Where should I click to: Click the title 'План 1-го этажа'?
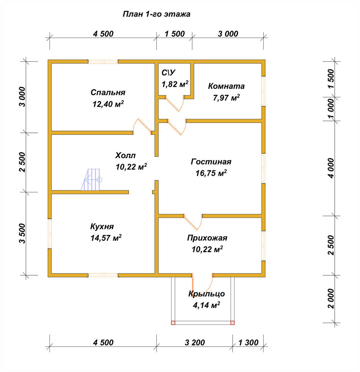pyautogui.click(x=156, y=14)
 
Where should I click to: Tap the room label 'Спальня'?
pyautogui.click(x=108, y=92)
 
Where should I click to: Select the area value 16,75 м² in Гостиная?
pyautogui.click(x=211, y=173)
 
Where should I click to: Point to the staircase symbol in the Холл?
pyautogui.click(x=92, y=180)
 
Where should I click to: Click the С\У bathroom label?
pyautogui.click(x=169, y=73)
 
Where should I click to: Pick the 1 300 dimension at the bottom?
pyautogui.click(x=248, y=343)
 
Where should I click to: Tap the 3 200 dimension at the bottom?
pyautogui.click(x=195, y=343)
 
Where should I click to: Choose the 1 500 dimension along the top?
pyautogui.click(x=175, y=34)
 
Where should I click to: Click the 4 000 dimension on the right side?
pyautogui.click(x=331, y=168)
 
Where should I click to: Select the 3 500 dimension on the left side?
pyautogui.click(x=22, y=234)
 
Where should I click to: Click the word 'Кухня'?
pyautogui.click(x=102, y=227)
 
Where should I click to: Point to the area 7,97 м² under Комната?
pyautogui.click(x=226, y=97)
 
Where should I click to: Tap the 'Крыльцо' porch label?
pyautogui.click(x=207, y=294)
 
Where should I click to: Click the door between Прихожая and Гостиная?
pyautogui.click(x=193, y=222)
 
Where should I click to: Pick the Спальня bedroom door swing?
pyautogui.click(x=142, y=126)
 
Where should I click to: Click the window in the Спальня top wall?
pyautogui.click(x=103, y=62)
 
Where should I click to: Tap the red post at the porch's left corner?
pyautogui.click(x=173, y=323)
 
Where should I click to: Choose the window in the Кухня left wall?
pyautogui.click(x=50, y=234)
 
